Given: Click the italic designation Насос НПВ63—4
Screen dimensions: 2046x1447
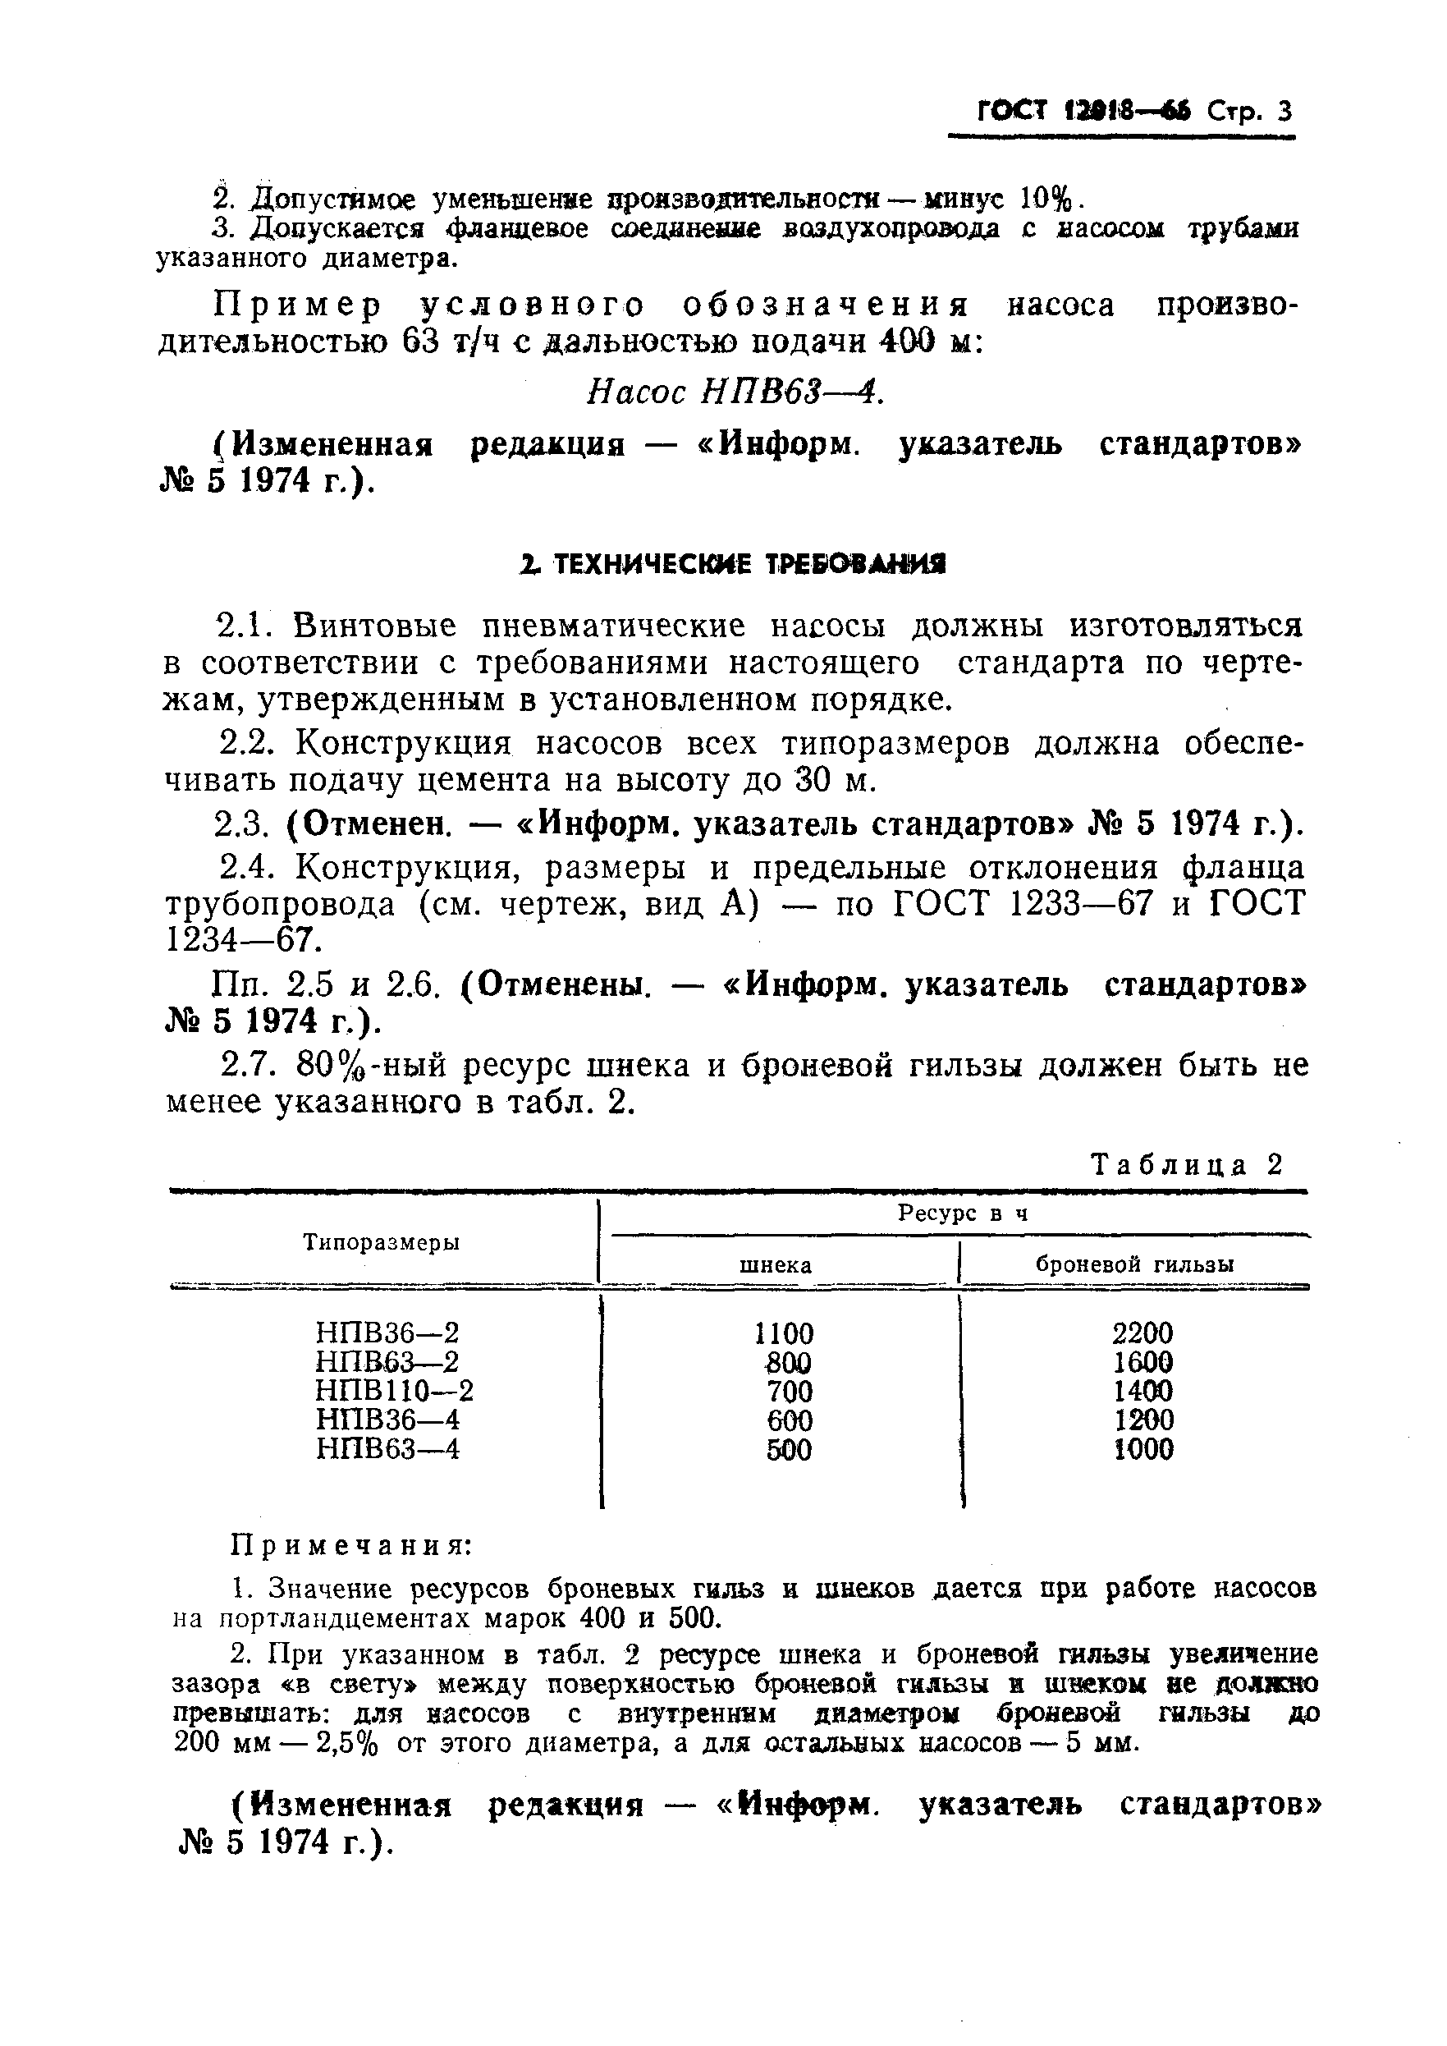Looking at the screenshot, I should click(735, 392).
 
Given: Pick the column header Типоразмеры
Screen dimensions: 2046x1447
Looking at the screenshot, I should click(382, 1242).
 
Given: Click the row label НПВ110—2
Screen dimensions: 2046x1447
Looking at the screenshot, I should click(395, 1391).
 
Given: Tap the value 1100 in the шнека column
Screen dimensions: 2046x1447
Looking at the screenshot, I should click(783, 1334).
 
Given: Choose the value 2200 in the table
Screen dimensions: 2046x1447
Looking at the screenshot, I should click(1142, 1333).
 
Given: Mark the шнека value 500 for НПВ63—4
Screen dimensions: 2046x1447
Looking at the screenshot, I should click(789, 1450).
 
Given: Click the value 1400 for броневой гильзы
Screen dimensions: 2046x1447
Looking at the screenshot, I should click(1142, 1391).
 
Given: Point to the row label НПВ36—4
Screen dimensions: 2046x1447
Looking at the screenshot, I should click(387, 1420).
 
